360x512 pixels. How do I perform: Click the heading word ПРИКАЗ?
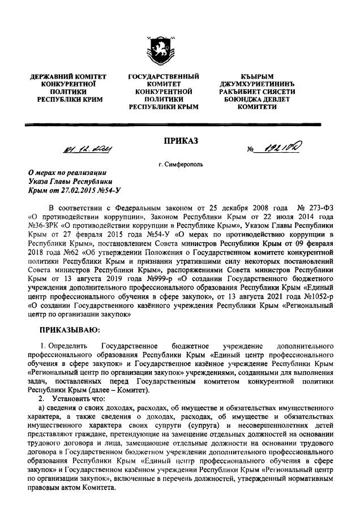(x=180, y=140)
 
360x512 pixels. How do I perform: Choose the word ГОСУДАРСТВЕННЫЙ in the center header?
(x=164, y=76)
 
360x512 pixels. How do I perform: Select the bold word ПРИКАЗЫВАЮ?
(x=68, y=329)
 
